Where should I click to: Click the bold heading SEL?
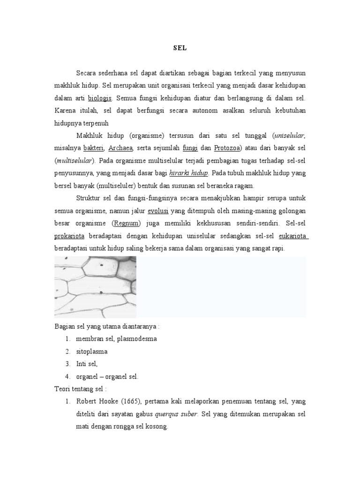pyautogui.click(x=180, y=48)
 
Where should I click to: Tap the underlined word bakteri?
pyautogui.click(x=94, y=148)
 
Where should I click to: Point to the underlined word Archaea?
pyautogui.click(x=121, y=148)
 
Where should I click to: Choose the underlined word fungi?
pyautogui.click(x=190, y=148)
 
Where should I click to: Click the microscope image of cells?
pyautogui.click(x=95, y=287)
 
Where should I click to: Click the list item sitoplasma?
pyautogui.click(x=91, y=351)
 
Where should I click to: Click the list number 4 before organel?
pyautogui.click(x=68, y=376)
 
